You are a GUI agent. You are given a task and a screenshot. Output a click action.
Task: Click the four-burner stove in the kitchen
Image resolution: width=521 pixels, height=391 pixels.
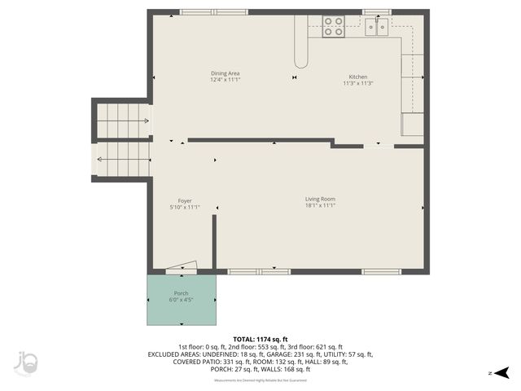(333, 27)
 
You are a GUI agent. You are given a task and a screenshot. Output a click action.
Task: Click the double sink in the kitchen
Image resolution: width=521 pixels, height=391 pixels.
(376, 28)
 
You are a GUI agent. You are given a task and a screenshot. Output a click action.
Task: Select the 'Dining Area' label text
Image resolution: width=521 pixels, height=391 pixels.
(225, 73)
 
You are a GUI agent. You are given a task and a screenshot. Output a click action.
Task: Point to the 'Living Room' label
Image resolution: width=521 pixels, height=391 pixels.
(320, 199)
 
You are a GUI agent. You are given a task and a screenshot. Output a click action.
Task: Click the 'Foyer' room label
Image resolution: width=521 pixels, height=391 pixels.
(185, 200)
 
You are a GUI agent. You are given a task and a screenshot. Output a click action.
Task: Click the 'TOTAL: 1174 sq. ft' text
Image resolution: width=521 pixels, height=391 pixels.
(260, 339)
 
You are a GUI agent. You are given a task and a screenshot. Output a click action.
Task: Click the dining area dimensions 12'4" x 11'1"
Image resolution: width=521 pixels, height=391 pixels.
(225, 81)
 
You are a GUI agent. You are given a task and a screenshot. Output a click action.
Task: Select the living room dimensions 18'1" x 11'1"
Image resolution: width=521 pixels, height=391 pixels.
(320, 206)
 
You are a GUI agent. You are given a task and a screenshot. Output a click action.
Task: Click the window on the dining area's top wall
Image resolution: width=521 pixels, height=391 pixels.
(203, 12)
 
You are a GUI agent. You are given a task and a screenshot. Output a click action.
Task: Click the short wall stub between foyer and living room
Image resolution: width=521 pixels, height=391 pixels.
(214, 241)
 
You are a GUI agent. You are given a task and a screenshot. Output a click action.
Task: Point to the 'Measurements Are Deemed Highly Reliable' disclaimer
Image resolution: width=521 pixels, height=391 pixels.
(260, 380)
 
